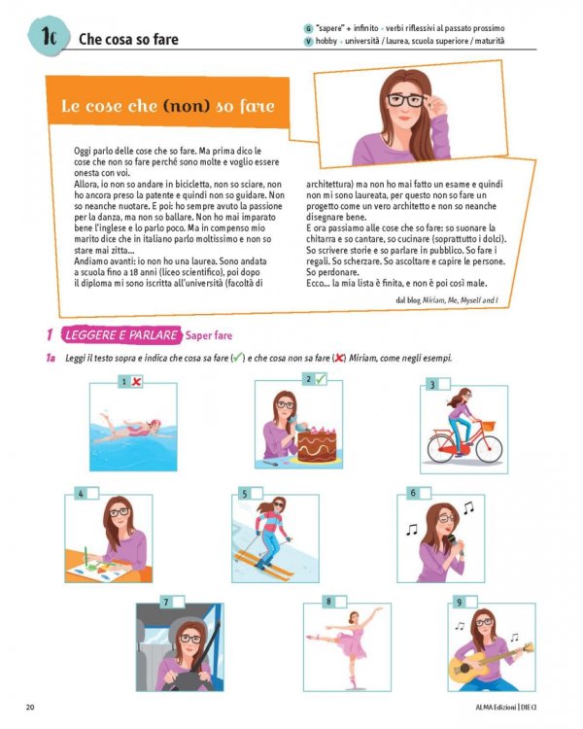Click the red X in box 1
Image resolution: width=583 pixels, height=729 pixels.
136,382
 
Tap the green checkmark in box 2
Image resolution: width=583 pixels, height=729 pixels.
321,379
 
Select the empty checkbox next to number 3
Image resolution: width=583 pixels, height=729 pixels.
443,385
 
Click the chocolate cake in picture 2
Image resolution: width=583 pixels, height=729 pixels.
317,444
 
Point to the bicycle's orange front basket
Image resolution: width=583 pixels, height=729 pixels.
488,426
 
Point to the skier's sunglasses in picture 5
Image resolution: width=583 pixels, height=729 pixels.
279,504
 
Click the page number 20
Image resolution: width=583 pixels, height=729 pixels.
30,708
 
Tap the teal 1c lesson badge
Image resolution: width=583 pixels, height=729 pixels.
48,36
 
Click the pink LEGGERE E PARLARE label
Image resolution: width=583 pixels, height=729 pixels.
121,335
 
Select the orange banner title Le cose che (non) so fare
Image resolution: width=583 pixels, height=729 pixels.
168,106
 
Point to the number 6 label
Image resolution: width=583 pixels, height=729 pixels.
413,493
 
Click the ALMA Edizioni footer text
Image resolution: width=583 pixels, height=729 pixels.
496,708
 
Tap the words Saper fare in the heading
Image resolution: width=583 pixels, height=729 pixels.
209,335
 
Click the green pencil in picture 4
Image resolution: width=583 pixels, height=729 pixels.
86,557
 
